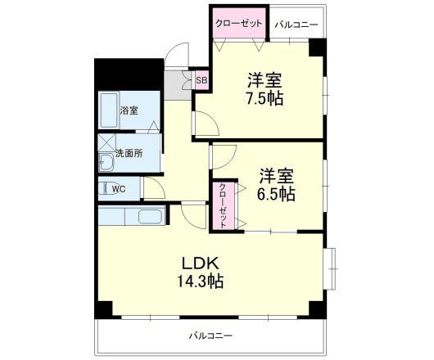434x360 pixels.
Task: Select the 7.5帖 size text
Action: [x=265, y=99]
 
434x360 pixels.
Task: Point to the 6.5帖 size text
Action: [x=278, y=195]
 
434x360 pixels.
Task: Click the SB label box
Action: [x=201, y=79]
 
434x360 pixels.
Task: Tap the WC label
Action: [x=119, y=189]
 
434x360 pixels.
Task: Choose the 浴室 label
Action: [x=129, y=110]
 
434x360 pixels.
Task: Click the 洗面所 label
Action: [x=129, y=153]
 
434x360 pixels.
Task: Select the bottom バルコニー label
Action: [x=210, y=335]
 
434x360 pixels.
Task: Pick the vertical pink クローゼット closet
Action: [x=224, y=206]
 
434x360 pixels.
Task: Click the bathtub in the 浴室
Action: [x=108, y=111]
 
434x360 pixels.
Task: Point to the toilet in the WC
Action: [x=104, y=189]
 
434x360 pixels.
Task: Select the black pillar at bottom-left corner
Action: [x=102, y=310]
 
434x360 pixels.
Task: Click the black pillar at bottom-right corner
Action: [x=316, y=310]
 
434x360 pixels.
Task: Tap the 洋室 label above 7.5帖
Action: [x=265, y=80]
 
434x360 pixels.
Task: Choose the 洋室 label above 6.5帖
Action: [x=278, y=175]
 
